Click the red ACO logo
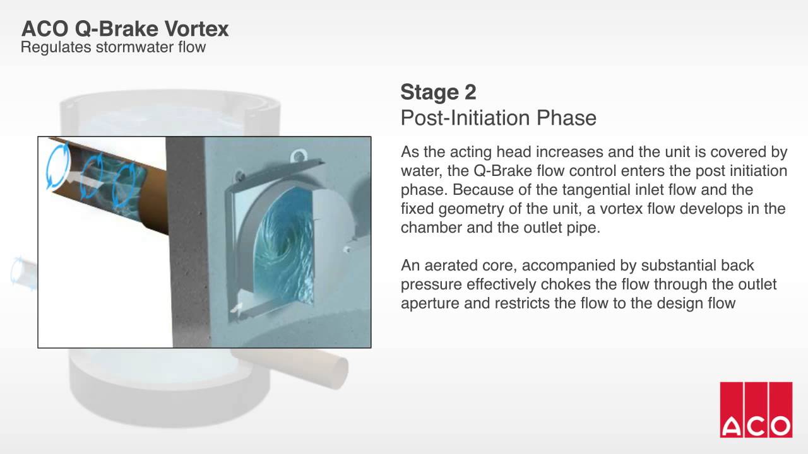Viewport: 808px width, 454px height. pos(756,409)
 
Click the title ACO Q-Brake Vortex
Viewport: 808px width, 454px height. pos(125,28)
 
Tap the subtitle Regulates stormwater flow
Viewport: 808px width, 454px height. pos(114,47)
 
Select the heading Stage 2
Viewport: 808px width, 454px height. pos(438,92)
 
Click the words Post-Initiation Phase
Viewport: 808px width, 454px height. pos(498,118)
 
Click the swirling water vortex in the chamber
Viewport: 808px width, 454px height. pos(284,252)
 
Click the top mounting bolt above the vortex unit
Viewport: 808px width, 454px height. pos(300,153)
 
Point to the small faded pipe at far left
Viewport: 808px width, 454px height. pos(22,272)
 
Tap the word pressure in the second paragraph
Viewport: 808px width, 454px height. pos(429,284)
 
